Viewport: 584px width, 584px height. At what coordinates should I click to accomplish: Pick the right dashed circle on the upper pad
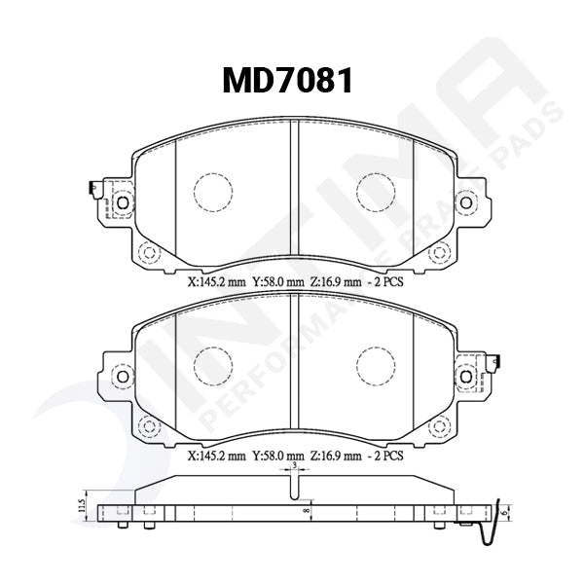pyautogui.click(x=375, y=192)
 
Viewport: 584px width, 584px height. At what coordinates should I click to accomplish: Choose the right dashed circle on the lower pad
pyautogui.click(x=375, y=365)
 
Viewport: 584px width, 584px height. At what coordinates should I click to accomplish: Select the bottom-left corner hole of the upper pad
pyautogui.click(x=148, y=253)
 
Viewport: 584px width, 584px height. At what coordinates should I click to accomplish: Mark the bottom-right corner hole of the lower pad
pyautogui.click(x=439, y=425)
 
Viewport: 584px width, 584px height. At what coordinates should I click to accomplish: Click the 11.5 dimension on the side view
pyautogui.click(x=81, y=506)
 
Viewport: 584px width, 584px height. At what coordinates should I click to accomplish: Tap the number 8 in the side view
pyautogui.click(x=305, y=508)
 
